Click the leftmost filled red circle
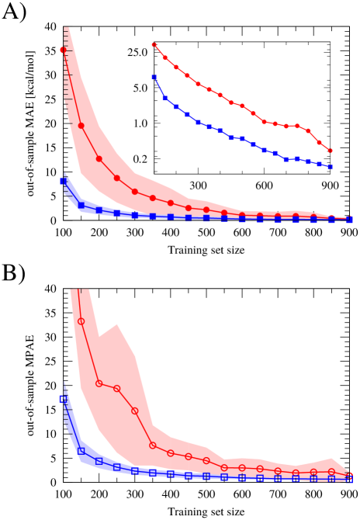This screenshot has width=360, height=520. pos(63,50)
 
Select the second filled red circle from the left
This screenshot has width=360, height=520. pos(81,126)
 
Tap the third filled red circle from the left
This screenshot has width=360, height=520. pos(99,159)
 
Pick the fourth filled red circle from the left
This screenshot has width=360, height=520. pos(116,179)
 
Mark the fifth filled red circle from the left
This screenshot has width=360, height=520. pos(134,192)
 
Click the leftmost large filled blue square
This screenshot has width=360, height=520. pos(63,181)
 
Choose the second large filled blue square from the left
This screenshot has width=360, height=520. pos(81,206)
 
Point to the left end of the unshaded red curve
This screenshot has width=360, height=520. pos(154,45)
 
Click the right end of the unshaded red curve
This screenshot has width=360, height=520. pos(331,151)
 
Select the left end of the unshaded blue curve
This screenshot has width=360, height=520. pos(154,77)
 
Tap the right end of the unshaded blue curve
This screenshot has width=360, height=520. pos(331,168)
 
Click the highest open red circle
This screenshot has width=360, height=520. pos(81,321)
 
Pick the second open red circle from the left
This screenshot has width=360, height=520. pos(99,383)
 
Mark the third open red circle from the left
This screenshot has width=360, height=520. pos(116,389)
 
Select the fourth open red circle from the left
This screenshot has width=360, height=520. pos(134,411)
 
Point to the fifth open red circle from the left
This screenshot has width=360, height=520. pos(152,445)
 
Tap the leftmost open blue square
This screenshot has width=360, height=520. pos(63,399)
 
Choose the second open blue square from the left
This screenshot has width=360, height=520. pos(81,451)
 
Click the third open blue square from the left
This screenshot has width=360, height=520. pos(99,461)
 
